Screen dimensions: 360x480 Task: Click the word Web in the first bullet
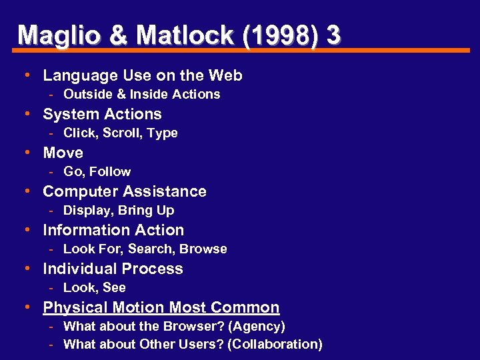[x=225, y=75]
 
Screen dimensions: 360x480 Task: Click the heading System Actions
[x=102, y=114]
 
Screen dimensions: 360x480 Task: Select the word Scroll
[x=123, y=133]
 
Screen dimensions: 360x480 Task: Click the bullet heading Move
[x=63, y=153]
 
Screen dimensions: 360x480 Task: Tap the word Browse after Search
[x=203, y=249]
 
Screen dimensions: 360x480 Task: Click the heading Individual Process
[x=113, y=269]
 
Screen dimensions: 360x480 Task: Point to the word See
[x=114, y=287]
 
